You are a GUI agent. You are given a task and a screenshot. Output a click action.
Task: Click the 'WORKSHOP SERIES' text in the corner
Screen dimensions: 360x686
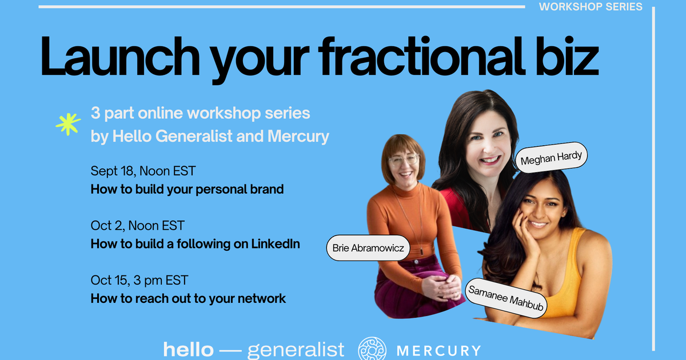coord(591,7)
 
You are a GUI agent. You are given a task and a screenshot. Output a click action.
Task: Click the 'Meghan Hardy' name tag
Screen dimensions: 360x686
coord(552,155)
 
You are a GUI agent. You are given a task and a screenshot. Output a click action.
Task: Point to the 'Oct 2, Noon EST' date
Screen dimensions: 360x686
coord(137,226)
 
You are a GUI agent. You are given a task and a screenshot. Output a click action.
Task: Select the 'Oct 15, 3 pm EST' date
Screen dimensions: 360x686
coord(139,280)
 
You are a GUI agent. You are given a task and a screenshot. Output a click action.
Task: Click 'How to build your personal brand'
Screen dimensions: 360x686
coord(187,189)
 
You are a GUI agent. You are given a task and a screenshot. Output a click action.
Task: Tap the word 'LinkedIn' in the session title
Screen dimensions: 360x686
coord(276,244)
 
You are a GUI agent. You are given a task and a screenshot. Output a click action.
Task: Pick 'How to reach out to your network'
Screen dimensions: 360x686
coord(188,298)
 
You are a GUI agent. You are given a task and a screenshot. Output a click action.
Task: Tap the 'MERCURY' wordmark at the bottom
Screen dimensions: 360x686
coord(439,350)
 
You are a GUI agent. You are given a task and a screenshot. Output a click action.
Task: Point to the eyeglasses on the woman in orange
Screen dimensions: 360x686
coord(404,160)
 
